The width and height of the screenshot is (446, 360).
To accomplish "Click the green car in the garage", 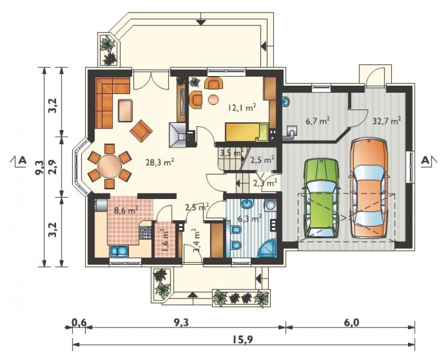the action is click(x=321, y=198).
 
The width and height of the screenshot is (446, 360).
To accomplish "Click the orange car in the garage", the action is click(x=369, y=188).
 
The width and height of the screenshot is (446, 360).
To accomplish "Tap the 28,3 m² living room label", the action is click(x=160, y=162).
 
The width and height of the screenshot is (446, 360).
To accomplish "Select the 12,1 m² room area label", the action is click(x=242, y=107).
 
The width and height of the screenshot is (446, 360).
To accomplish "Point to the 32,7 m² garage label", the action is click(x=386, y=121).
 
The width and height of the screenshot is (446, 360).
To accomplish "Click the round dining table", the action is click(x=110, y=166).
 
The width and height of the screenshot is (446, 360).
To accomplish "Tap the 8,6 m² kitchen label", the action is click(x=126, y=210).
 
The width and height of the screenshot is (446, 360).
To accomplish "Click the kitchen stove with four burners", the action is click(x=145, y=233).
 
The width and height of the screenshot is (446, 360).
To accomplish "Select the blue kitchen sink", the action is click(x=119, y=251).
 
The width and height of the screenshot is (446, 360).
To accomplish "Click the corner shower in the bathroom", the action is click(x=268, y=248).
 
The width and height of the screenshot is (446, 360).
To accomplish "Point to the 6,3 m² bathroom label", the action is click(x=250, y=218).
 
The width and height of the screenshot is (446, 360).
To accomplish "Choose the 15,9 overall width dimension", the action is click(x=243, y=339).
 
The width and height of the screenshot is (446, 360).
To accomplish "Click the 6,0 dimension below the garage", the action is click(x=351, y=323).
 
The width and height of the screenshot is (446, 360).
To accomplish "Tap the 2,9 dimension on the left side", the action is click(x=53, y=167).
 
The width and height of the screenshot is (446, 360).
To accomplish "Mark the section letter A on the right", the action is click(x=426, y=160).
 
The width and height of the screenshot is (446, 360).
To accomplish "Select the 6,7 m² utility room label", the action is click(x=318, y=121).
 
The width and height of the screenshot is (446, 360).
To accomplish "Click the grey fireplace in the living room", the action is click(x=177, y=135).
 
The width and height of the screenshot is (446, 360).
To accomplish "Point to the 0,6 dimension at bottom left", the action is click(x=78, y=323).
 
